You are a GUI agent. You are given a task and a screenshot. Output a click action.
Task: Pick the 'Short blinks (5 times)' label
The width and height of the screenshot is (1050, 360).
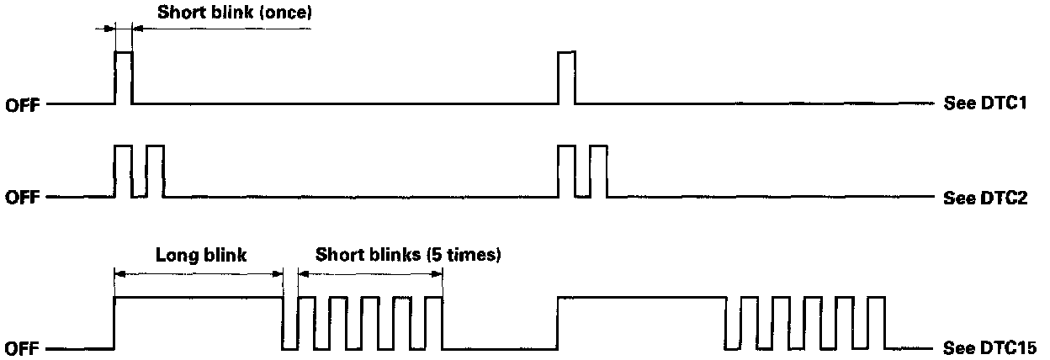point(408,254)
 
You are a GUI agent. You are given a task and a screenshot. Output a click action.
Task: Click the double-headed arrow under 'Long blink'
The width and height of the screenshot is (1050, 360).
point(199,273)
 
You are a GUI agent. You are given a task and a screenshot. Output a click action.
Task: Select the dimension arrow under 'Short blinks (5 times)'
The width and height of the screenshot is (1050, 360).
point(370,273)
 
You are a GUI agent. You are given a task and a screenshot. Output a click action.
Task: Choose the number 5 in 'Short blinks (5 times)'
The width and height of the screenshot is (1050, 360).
point(437,254)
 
